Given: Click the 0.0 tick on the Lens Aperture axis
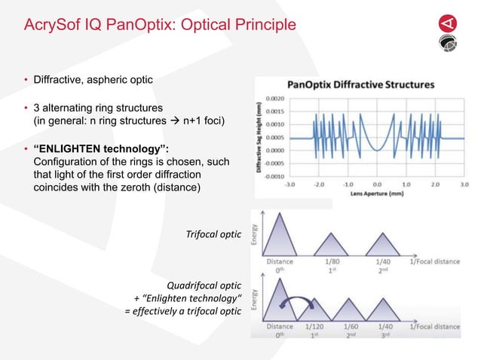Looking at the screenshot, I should [378, 183].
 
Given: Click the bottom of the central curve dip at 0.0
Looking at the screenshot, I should [378, 149].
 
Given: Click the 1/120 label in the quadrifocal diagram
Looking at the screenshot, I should [315, 328].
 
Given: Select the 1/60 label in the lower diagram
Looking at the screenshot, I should [351, 328].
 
